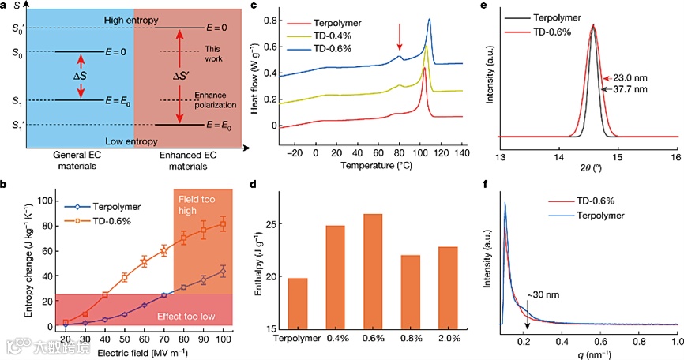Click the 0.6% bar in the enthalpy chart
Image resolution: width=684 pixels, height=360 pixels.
(x=375, y=271)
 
